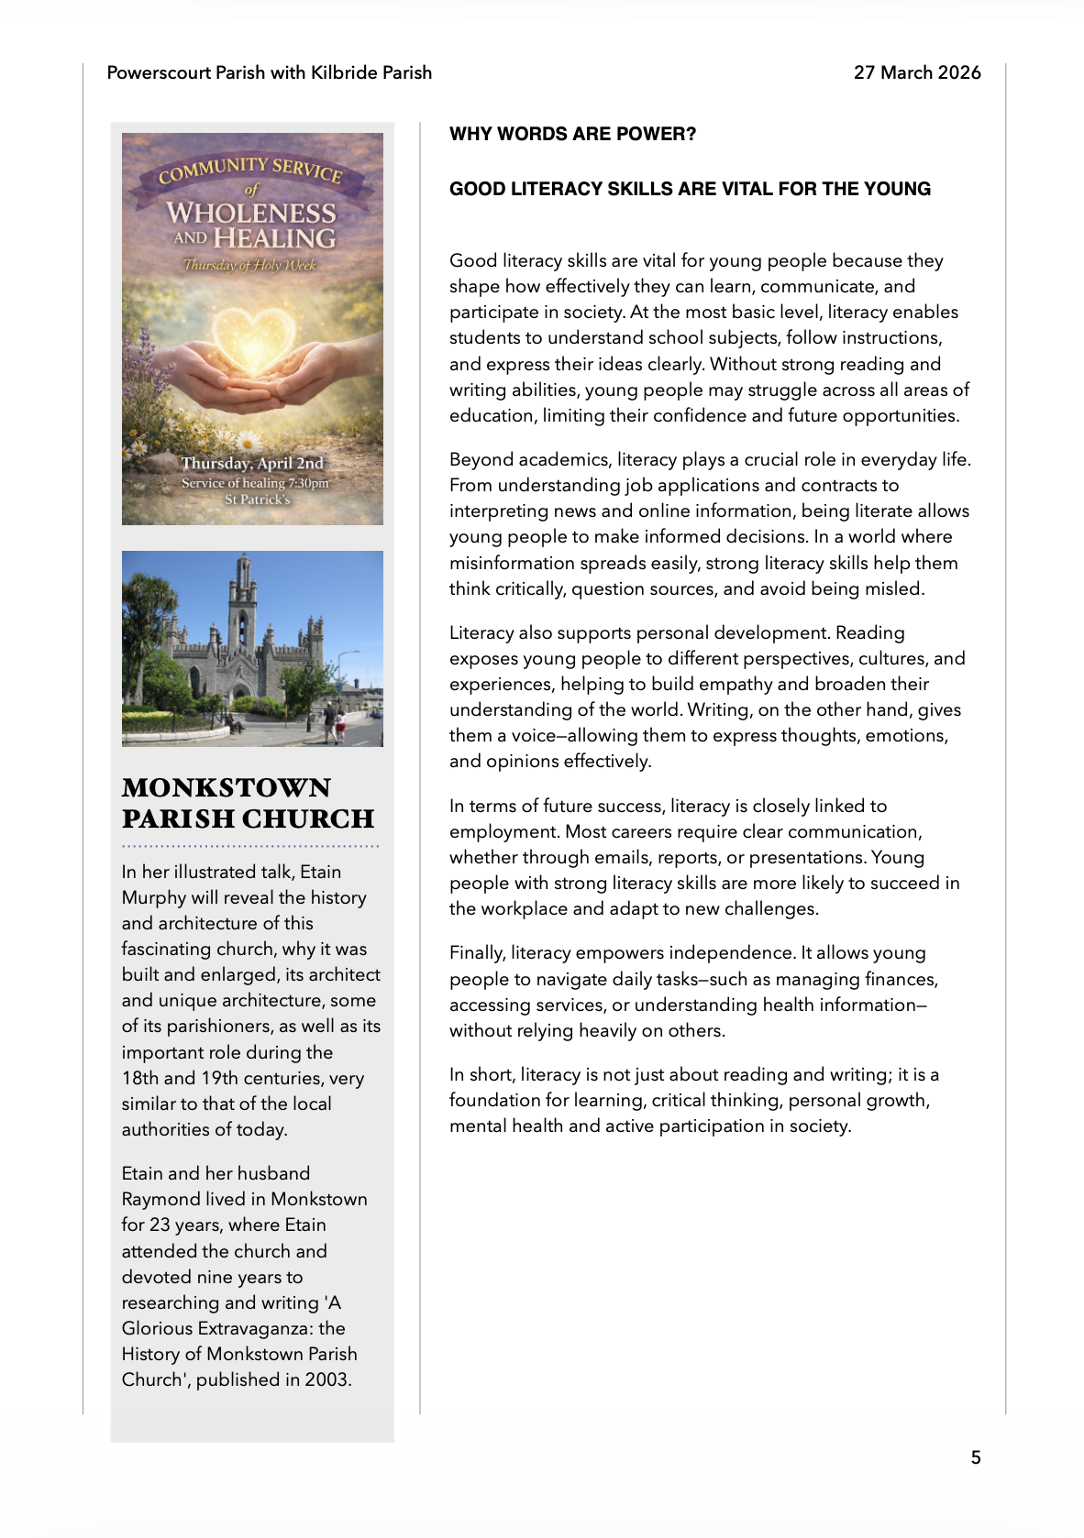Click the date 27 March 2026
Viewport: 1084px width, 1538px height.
[x=917, y=72]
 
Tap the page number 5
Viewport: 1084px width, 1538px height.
[x=976, y=1457]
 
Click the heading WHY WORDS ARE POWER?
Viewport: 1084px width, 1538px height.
[x=572, y=134]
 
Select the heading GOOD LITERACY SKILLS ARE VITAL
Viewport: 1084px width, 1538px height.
[x=690, y=189]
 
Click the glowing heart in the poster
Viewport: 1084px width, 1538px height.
[x=252, y=336]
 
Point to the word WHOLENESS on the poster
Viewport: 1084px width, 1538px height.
[x=251, y=213]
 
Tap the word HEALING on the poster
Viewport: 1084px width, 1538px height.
[x=274, y=238]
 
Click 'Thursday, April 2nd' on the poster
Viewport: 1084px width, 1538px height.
[x=252, y=463]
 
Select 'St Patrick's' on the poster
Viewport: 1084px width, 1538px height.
[x=258, y=500]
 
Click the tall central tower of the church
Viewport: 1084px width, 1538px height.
[x=243, y=605]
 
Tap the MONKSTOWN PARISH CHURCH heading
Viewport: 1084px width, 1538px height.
[x=248, y=803]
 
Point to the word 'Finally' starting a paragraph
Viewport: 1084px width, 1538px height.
[x=475, y=953]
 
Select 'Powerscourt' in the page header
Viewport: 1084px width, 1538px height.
[x=158, y=72]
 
